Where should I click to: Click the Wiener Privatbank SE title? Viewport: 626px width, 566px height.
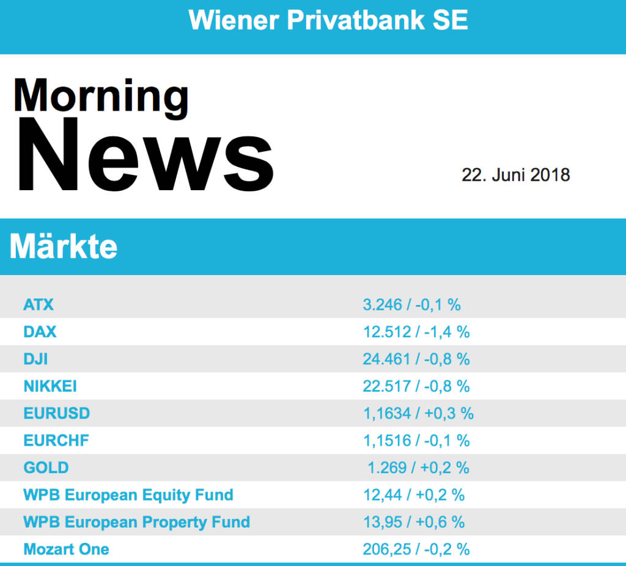click(x=328, y=20)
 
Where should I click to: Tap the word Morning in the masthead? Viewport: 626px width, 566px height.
click(x=101, y=95)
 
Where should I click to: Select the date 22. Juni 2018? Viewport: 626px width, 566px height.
click(x=515, y=175)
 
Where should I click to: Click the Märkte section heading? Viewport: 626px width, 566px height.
click(x=64, y=247)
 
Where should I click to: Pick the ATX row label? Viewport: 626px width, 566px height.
click(x=39, y=304)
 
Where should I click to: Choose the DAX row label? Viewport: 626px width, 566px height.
click(x=40, y=332)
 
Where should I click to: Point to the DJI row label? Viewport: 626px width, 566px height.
click(x=35, y=359)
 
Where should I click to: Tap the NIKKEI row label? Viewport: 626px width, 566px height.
click(x=50, y=386)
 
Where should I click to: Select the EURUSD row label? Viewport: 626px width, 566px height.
click(x=56, y=413)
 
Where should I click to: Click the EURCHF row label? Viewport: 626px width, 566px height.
click(x=56, y=441)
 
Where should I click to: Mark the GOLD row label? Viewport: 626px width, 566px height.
click(x=46, y=468)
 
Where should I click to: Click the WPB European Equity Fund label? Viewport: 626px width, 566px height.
click(x=128, y=494)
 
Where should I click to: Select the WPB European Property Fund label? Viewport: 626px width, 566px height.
click(x=136, y=522)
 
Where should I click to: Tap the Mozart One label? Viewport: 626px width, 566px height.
click(x=66, y=549)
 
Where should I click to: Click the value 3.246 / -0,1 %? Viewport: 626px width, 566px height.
click(x=411, y=304)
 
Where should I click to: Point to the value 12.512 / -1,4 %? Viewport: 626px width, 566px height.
click(x=416, y=332)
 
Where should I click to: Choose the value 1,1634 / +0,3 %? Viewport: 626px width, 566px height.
click(x=418, y=414)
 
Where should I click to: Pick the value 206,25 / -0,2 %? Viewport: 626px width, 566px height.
click(x=416, y=549)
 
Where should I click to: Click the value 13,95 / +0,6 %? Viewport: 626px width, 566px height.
click(x=414, y=522)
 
